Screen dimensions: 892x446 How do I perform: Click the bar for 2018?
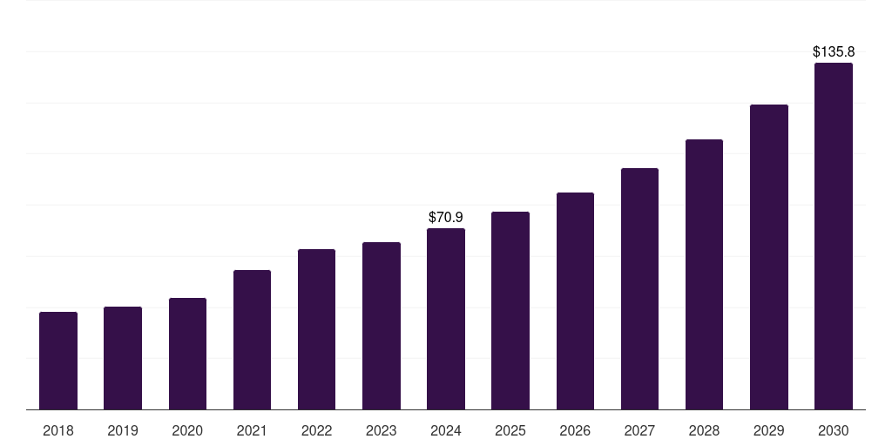58,361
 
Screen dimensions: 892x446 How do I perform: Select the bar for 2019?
123,358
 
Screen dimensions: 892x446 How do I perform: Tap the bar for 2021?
252,340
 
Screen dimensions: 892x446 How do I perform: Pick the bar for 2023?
382,326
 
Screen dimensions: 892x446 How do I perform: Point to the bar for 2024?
446,319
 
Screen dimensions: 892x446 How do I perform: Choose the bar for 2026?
575,301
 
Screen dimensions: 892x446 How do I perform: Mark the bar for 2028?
704,274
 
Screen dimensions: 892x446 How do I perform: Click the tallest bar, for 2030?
834,236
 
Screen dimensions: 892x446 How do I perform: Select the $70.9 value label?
446,217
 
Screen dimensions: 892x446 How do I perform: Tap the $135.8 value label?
834,51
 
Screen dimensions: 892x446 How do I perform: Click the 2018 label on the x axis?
58,430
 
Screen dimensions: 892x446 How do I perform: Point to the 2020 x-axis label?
187,430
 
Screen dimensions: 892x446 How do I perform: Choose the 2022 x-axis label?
316,430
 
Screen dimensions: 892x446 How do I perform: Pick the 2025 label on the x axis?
510,430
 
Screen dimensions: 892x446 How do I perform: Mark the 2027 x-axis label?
639,430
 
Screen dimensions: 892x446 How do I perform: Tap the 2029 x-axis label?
768,430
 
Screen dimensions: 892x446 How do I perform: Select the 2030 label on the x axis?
834,430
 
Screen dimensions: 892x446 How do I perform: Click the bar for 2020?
188,354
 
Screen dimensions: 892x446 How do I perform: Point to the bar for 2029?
769,257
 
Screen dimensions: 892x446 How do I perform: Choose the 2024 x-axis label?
446,430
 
